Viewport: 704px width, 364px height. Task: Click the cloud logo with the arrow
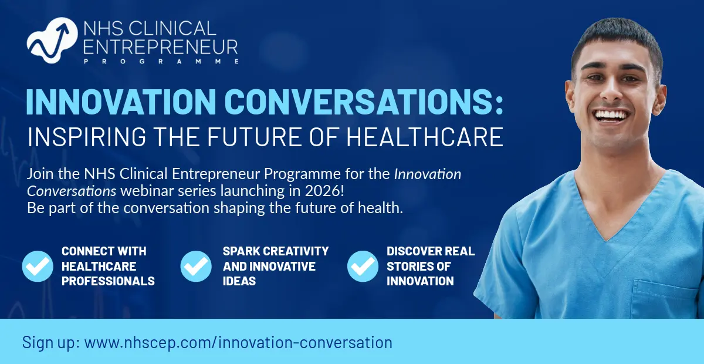(x=52, y=41)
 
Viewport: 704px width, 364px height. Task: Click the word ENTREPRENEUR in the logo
(x=161, y=48)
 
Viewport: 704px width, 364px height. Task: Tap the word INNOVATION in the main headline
(x=121, y=102)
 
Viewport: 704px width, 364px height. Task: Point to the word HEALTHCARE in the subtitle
(x=425, y=137)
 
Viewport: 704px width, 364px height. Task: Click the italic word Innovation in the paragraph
(x=428, y=174)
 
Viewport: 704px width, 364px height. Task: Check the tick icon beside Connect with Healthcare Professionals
(x=38, y=266)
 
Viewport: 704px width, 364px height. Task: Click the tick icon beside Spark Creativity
(x=196, y=266)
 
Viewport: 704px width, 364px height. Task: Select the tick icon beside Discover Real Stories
(x=363, y=266)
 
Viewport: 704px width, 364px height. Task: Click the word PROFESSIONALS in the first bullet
(x=108, y=281)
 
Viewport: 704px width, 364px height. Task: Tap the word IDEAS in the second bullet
(x=239, y=281)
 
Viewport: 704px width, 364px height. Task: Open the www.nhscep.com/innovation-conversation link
(x=238, y=342)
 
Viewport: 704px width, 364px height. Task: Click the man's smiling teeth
(x=610, y=116)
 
